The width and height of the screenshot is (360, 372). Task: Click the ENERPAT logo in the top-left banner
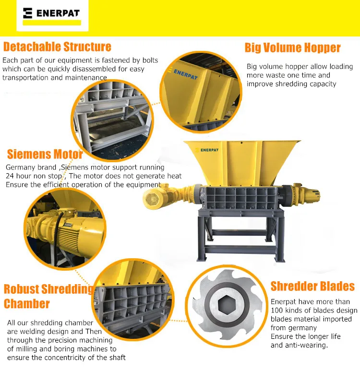52,13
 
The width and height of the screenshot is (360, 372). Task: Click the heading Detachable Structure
57,47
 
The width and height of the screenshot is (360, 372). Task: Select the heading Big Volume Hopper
292,48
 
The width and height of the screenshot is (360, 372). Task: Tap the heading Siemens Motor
45,155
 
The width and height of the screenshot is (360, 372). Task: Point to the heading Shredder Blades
312,287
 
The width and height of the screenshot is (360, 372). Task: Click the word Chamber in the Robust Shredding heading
27,304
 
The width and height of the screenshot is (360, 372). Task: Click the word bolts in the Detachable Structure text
148,60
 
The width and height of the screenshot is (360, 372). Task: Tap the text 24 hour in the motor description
19,176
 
